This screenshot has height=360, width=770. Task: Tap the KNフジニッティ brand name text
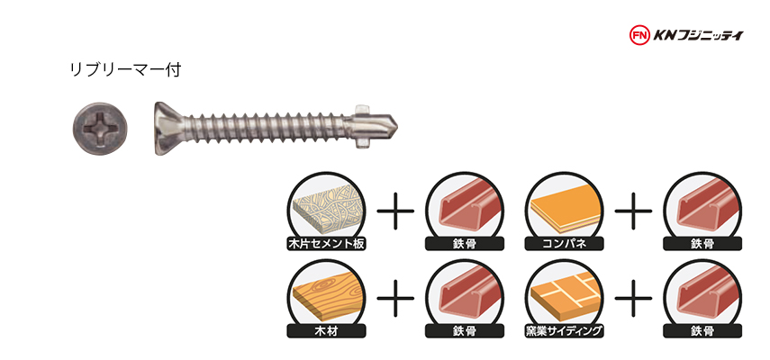tap(698, 35)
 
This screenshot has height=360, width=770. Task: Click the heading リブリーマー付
tap(126, 70)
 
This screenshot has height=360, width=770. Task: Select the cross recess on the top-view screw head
tap(101, 130)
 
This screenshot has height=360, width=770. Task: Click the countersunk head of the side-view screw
tap(169, 129)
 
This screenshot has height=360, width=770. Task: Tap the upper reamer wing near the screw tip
tap(362, 109)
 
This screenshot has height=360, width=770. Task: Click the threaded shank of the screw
tap(267, 129)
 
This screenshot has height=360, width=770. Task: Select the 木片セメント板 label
tap(326, 244)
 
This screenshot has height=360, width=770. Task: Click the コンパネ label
tap(564, 244)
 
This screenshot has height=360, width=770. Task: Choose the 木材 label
tap(326, 331)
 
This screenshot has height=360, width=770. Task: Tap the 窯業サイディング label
tap(564, 331)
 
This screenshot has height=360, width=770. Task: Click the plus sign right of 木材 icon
tap(395, 298)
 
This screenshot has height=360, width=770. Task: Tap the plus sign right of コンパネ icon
tap(633, 211)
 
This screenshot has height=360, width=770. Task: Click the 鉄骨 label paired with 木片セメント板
tap(465, 244)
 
